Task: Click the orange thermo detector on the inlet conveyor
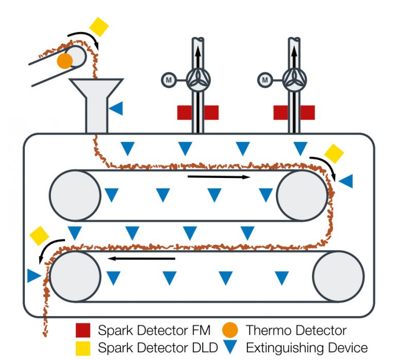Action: (64, 61)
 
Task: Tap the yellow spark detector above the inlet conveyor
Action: (99, 26)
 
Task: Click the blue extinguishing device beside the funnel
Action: (117, 108)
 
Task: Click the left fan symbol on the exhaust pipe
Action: (197, 79)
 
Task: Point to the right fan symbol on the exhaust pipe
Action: (294, 79)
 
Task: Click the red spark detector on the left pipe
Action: (198, 112)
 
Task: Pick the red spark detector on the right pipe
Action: (294, 112)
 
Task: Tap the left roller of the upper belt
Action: (75, 195)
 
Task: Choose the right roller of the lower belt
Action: (338, 276)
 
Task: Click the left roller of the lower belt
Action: (75, 276)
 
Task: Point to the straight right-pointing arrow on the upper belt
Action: (219, 177)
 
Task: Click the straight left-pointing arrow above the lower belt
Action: (144, 258)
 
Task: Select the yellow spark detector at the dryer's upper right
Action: (334, 153)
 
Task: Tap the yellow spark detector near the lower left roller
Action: (39, 235)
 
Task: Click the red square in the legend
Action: (83, 330)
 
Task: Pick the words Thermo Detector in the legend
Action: (296, 330)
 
